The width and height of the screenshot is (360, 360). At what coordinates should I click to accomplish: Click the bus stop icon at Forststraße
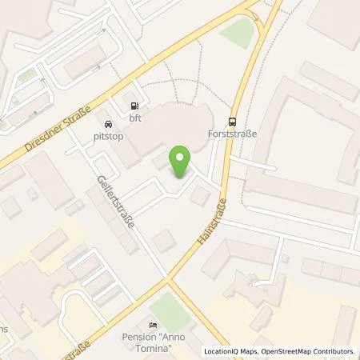tap(233, 122)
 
